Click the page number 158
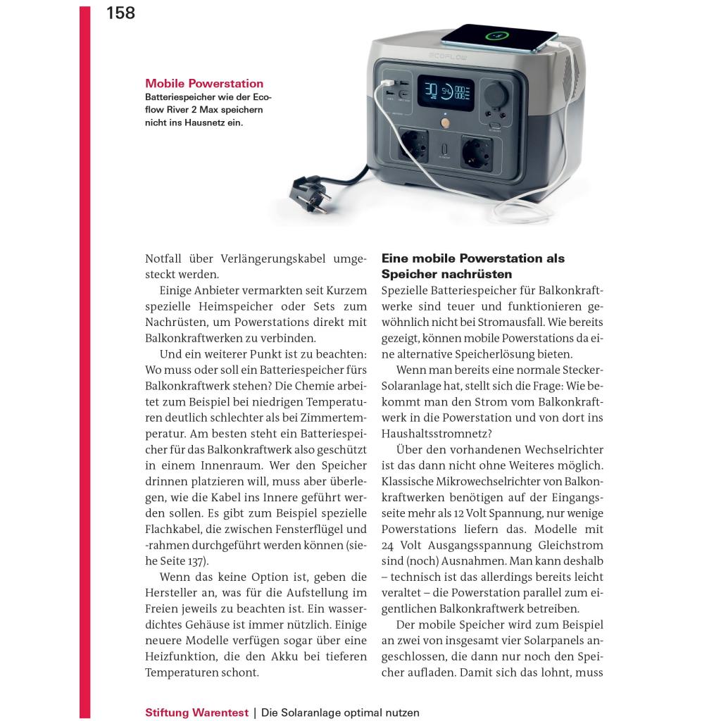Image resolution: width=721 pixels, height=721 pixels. [x=120, y=13]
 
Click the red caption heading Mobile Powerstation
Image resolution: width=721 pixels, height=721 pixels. [x=204, y=84]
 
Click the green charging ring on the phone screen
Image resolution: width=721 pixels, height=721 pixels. [x=497, y=35]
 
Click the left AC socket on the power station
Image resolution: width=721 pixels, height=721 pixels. [x=413, y=146]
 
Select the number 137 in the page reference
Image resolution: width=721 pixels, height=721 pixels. [x=197, y=561]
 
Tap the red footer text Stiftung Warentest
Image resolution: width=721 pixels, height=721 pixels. [x=196, y=712]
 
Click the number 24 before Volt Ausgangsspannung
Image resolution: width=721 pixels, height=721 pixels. [x=390, y=546]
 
